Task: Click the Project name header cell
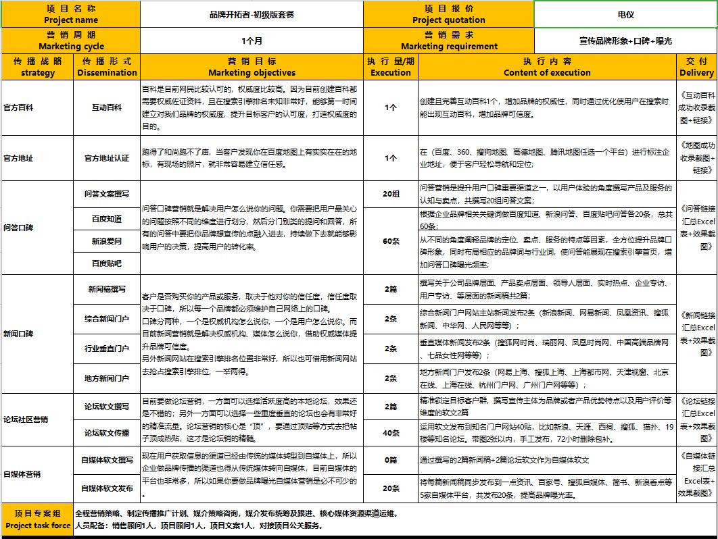(70, 14)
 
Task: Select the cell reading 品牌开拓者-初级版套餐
(252, 14)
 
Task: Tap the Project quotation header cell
(449, 14)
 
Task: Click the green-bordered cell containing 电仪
(625, 14)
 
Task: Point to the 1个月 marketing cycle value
(252, 41)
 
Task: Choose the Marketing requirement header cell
(449, 41)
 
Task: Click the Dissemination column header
(107, 66)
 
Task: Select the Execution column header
(391, 66)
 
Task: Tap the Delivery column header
(696, 66)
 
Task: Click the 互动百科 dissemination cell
(107, 107)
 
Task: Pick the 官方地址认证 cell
(107, 158)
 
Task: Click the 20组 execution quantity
(391, 194)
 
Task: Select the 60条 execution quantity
(391, 241)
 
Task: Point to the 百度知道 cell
(107, 218)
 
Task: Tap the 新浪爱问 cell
(107, 240)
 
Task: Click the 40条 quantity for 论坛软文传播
(391, 432)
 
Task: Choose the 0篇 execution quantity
(391, 460)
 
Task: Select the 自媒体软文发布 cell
(107, 488)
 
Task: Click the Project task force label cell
(37, 519)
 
